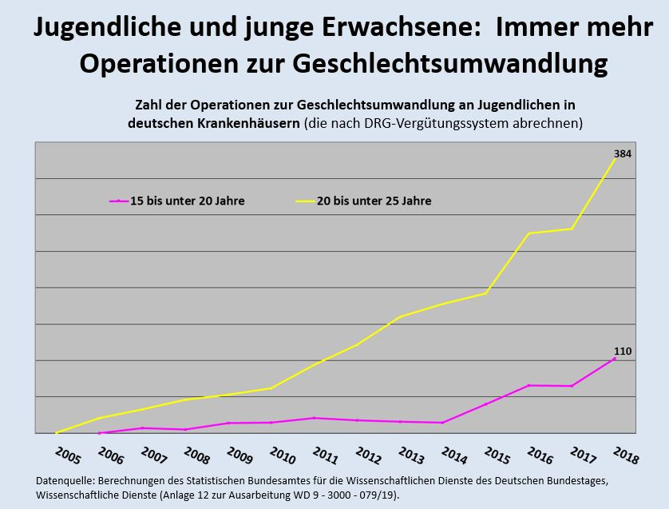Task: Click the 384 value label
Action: (x=623, y=153)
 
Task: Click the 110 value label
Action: (x=623, y=351)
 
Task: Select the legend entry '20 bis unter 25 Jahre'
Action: (x=374, y=201)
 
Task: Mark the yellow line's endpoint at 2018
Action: (x=616, y=158)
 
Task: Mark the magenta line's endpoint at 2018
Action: (x=615, y=358)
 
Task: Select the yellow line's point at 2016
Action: (x=529, y=233)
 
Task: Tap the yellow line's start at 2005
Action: (x=57, y=432)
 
